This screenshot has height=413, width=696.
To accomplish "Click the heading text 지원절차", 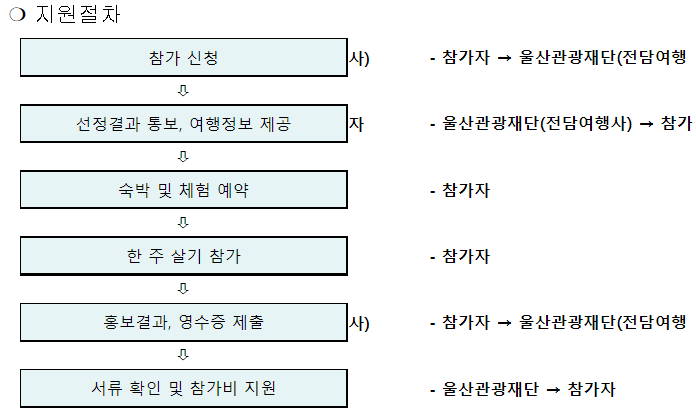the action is pos(77,16).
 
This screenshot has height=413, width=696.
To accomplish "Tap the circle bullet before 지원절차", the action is pos(15,17).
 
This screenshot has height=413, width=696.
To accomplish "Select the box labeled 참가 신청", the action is pos(183,58).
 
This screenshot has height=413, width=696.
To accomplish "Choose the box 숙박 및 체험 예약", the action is pos(183,189).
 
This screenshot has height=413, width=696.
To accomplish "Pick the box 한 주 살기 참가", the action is pos(183,255).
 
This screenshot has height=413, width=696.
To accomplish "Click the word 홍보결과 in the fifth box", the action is pos(121,322).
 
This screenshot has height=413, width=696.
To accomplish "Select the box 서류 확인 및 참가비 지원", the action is pos(183,387).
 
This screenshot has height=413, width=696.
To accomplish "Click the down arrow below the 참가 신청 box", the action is pos(183,91).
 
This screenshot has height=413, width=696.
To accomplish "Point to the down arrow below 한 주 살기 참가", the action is pos(183,289).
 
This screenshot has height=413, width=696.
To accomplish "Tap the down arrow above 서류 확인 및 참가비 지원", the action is pos(183,354).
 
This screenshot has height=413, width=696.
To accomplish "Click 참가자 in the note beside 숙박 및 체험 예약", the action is pos(466,190).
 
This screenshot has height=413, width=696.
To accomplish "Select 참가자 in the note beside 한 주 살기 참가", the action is pos(466,256).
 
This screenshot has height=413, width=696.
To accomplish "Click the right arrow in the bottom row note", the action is pos(552,388).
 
